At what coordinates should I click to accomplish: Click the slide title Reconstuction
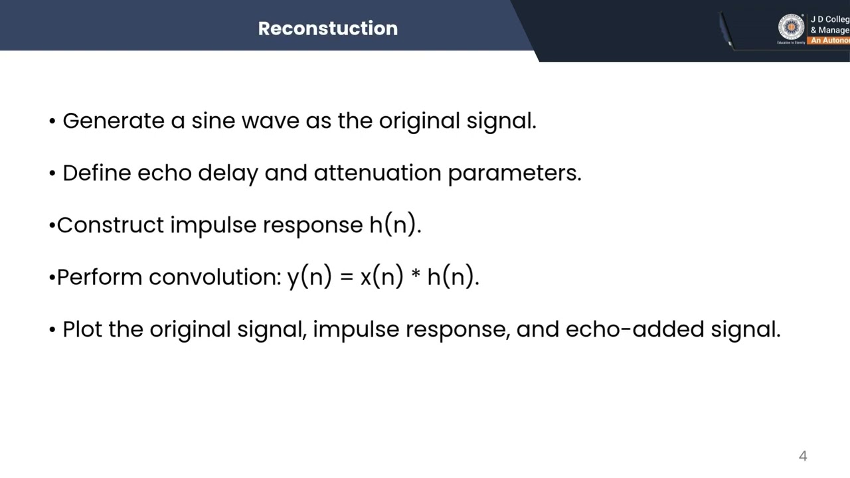pyautogui.click(x=327, y=29)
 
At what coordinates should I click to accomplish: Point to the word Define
pyautogui.click(x=97, y=173)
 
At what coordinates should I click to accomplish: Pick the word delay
pyautogui.click(x=228, y=173)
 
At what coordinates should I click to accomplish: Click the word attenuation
pyautogui.click(x=378, y=173)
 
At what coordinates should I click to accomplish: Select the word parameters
pyautogui.click(x=514, y=173)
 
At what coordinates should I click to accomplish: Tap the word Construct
pyautogui.click(x=110, y=225)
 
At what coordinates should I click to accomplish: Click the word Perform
pyautogui.click(x=100, y=277)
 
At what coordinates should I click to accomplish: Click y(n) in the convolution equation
pyautogui.click(x=309, y=277)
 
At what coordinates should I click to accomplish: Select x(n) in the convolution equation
pyautogui.click(x=381, y=277)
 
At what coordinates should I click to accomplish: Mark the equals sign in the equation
pyautogui.click(x=346, y=278)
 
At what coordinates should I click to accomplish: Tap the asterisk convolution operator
pyautogui.click(x=416, y=275)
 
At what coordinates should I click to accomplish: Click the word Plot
pyautogui.click(x=82, y=329)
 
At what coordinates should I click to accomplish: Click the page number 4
pyautogui.click(x=803, y=456)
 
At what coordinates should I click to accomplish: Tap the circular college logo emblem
pyautogui.click(x=791, y=28)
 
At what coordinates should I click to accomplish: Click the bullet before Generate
pyautogui.click(x=52, y=121)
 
